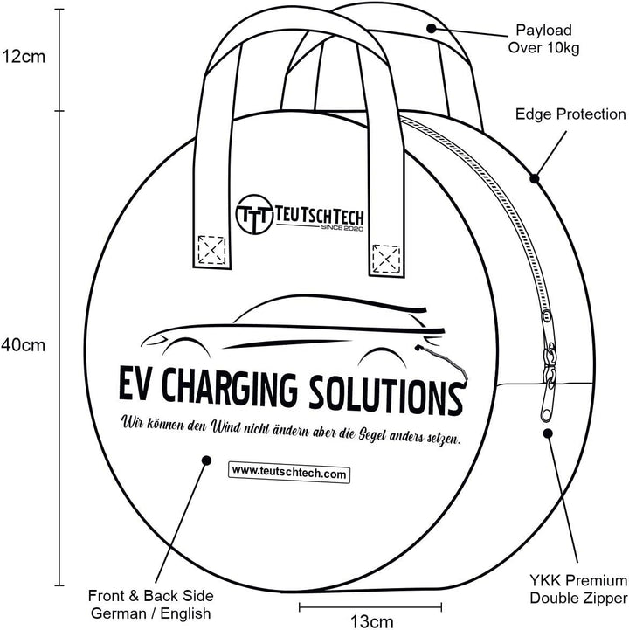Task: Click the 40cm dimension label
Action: pos(23,344)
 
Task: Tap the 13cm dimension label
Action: pos(372,622)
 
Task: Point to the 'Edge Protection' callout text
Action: pos(570,114)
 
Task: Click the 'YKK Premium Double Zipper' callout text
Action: pos(577,589)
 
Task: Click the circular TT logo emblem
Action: pos(252,212)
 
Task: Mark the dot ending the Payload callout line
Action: pos(431,28)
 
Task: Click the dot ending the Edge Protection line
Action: pos(535,178)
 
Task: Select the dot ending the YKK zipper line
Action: pos(548,432)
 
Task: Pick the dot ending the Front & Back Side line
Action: pos(206,460)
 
